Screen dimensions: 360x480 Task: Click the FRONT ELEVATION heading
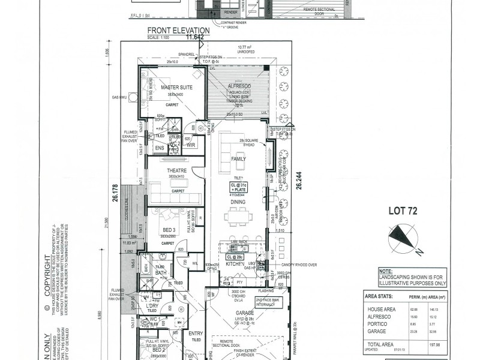coord(178,31)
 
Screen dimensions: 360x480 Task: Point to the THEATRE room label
coord(177,170)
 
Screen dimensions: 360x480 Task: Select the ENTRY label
coord(196,333)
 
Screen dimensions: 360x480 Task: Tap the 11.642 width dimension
coord(195,37)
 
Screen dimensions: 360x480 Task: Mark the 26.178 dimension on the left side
coord(114,196)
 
